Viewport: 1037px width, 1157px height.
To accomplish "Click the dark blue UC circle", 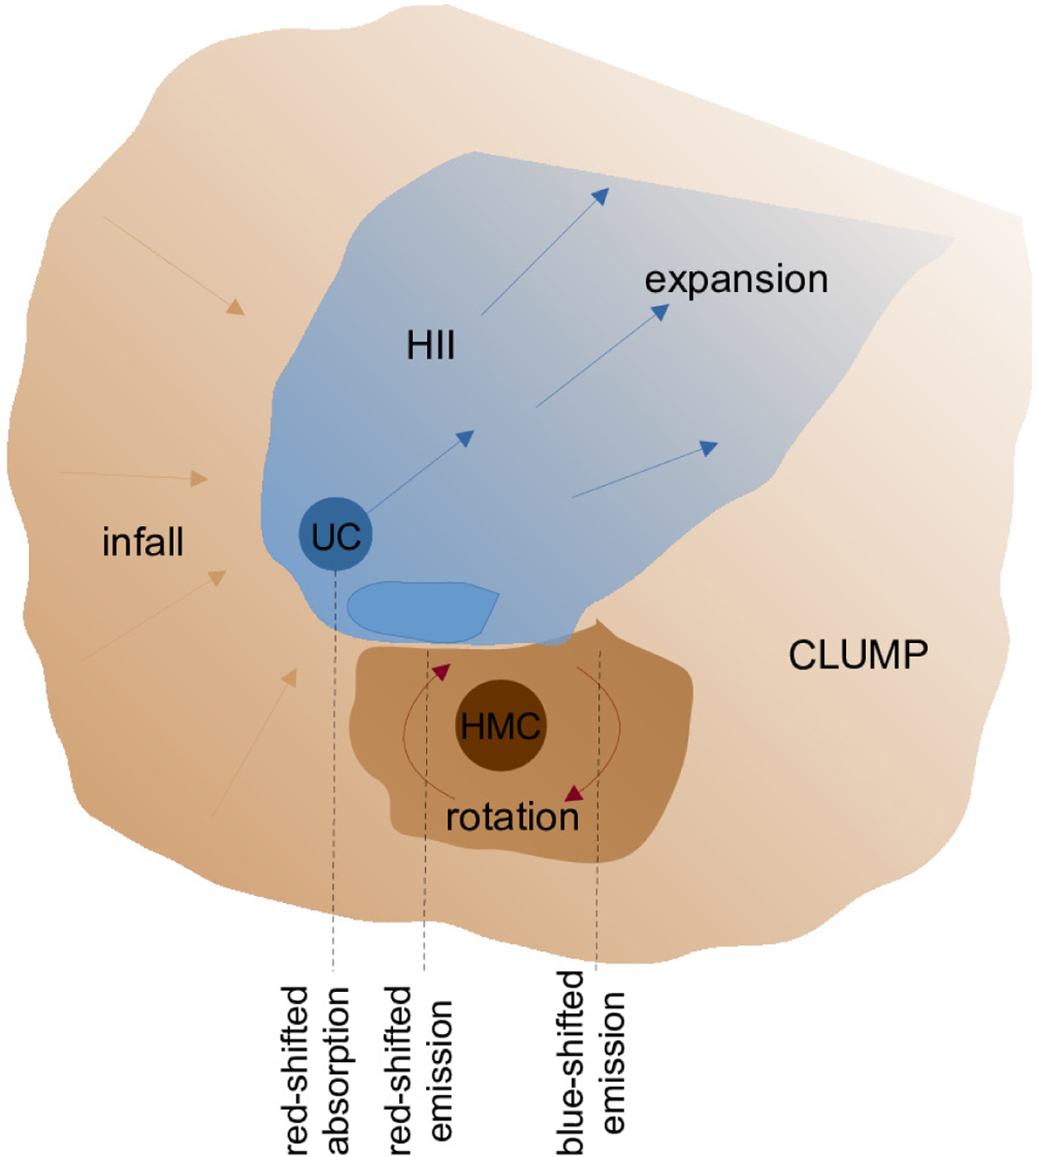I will coord(335,535).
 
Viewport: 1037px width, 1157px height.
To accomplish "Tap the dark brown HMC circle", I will coord(500,726).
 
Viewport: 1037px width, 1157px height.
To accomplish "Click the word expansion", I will coord(736,279).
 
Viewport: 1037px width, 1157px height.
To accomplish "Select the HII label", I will coord(430,346).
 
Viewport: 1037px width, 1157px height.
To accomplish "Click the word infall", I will coord(143,543).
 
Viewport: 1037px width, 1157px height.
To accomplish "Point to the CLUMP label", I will coord(857,655).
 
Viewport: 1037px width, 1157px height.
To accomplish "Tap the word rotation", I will coord(512,817).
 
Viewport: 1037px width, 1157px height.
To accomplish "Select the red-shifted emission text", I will coord(420,1070).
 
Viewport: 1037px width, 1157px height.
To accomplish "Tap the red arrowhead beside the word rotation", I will coord(573,791).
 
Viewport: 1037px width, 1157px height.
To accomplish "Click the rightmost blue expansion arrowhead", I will coord(709,448).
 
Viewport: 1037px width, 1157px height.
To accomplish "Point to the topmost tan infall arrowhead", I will coord(235,307).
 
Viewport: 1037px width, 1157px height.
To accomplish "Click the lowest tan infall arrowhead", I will coord(290,677).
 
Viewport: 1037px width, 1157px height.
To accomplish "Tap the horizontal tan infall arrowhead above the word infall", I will coord(200,478).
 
